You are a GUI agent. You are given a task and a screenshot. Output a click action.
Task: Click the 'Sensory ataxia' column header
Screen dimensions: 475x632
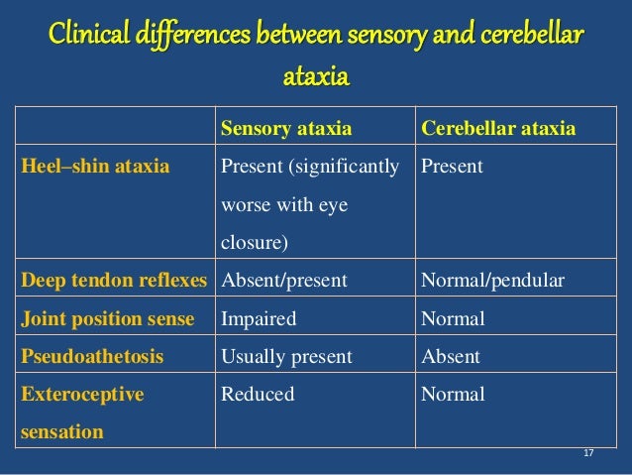(285, 129)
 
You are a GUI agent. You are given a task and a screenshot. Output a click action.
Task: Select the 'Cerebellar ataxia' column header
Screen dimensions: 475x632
(498, 129)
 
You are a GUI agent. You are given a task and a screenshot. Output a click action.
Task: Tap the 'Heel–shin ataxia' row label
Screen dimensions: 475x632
(95, 167)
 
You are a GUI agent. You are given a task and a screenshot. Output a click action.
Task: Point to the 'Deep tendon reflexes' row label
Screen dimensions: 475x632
(113, 281)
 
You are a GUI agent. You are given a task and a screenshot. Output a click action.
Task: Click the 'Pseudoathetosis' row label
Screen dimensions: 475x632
(92, 356)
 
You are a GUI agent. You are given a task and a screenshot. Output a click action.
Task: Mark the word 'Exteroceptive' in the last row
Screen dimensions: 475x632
(82, 394)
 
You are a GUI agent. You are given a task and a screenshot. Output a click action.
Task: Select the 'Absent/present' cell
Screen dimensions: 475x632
(283, 281)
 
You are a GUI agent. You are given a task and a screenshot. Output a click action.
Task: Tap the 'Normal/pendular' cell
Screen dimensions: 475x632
(492, 281)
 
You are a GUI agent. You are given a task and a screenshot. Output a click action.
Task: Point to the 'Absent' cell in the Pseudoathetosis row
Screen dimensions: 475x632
(451, 356)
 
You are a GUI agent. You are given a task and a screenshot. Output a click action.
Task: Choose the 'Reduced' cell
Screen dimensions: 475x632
(258, 394)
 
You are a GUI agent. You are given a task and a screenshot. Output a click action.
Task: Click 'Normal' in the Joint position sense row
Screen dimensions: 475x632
(453, 318)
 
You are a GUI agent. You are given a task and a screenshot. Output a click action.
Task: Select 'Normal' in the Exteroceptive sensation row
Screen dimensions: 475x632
(453, 394)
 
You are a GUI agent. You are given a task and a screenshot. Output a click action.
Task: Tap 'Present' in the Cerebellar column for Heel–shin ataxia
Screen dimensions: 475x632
(453, 167)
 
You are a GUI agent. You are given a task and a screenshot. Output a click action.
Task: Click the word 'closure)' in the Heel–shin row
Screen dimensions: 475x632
(255, 243)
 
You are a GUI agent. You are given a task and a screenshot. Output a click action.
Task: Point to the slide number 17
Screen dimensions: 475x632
(588, 453)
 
